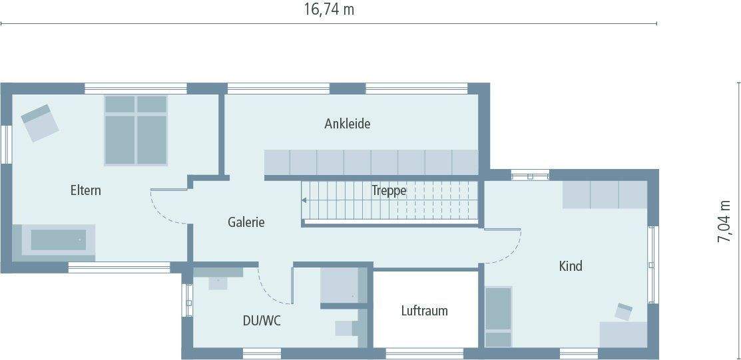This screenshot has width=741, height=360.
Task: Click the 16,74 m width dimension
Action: tap(329, 9)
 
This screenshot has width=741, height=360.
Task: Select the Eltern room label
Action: tap(86, 190)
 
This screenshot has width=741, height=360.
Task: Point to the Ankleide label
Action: tap(347, 123)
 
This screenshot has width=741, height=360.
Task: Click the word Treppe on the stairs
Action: tap(389, 190)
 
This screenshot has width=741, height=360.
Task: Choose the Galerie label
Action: tap(246, 222)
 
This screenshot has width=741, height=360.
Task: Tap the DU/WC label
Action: tap(262, 321)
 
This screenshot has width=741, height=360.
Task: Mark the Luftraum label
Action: tap(424, 311)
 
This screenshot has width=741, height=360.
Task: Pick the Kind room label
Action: tap(571, 266)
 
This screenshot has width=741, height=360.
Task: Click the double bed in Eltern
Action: tap(136, 130)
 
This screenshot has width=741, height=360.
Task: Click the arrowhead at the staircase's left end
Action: tap(304, 200)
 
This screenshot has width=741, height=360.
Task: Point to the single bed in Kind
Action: tap(498, 316)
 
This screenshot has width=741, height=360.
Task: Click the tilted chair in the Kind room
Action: tap(624, 311)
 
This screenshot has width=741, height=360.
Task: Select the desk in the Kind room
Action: tap(624, 333)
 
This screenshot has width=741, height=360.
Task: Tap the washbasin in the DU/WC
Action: tap(218, 280)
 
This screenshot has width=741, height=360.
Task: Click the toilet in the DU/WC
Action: tap(350, 327)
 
